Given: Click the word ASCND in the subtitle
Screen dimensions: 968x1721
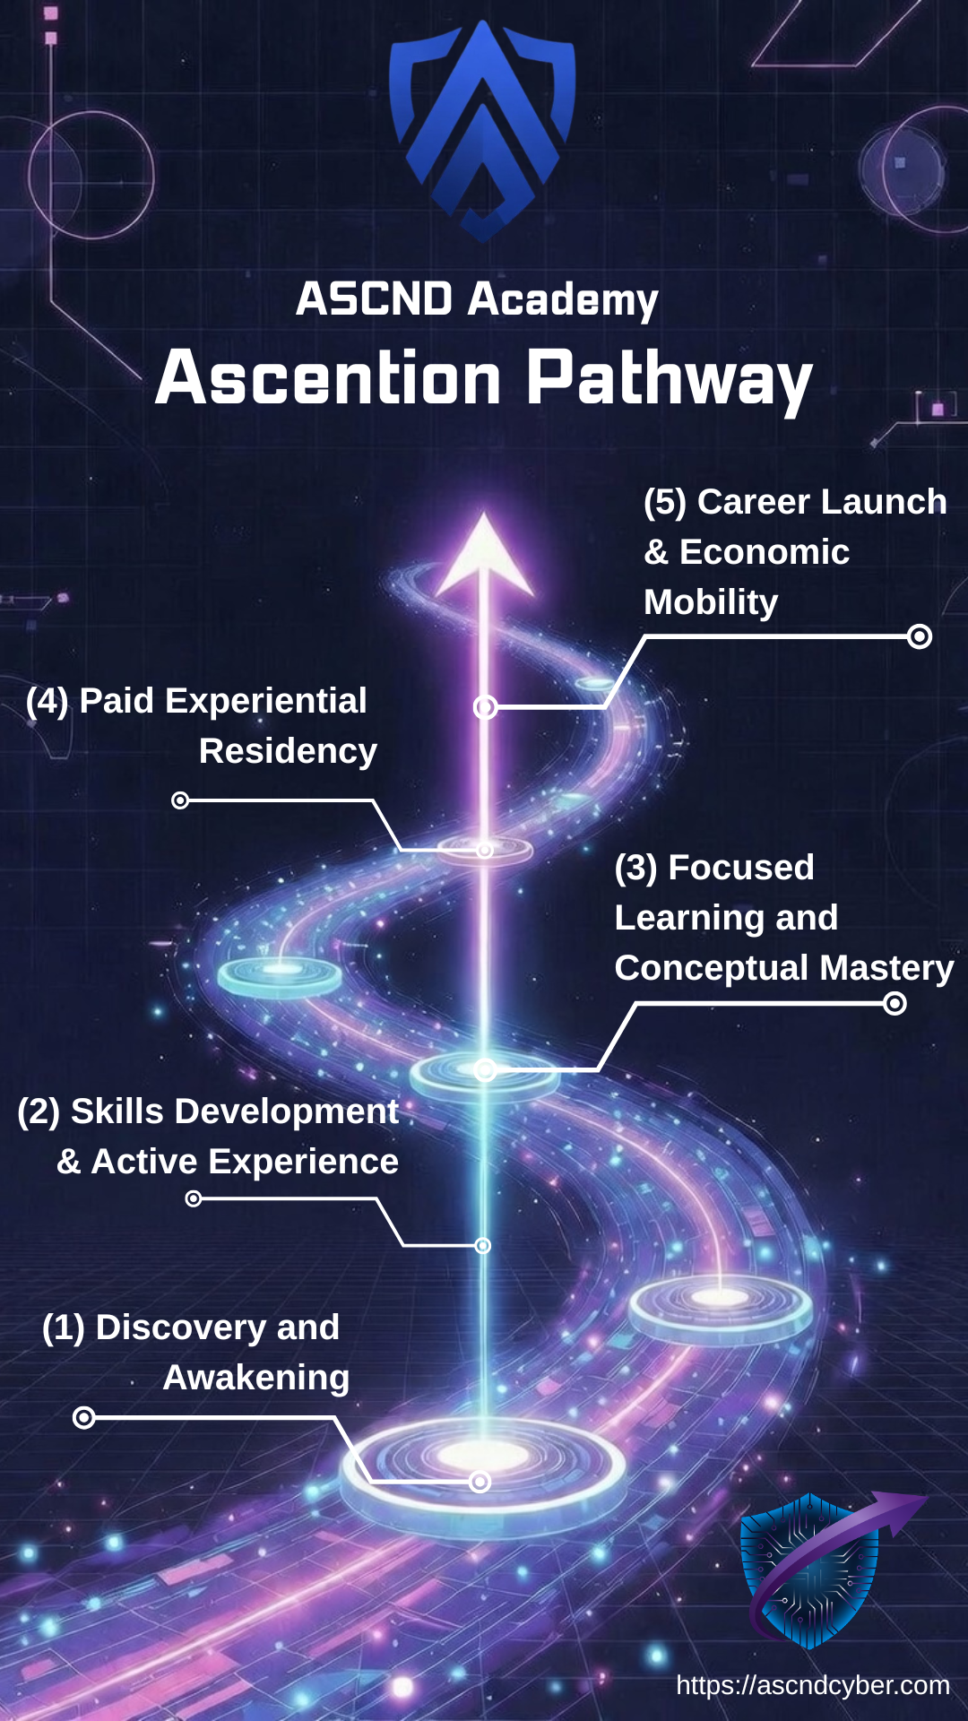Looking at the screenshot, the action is click(x=374, y=298).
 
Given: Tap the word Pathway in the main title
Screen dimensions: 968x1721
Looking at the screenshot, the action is click(x=669, y=379).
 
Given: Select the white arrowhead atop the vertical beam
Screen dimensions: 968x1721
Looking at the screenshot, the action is click(x=485, y=556).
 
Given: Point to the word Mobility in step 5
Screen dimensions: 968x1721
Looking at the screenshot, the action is click(x=711, y=602).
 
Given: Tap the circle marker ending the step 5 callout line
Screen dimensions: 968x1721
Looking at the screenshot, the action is click(x=920, y=636).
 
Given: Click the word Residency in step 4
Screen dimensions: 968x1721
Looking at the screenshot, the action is click(x=288, y=751).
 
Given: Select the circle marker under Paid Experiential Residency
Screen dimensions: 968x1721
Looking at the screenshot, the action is click(x=180, y=800).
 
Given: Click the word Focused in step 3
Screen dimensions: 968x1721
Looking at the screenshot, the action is click(x=741, y=868).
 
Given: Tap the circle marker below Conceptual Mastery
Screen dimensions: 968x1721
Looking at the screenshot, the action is click(x=895, y=1004).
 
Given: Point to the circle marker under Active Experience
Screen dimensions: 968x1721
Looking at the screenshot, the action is click(x=194, y=1198).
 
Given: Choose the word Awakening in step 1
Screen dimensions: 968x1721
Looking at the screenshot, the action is click(x=256, y=1378).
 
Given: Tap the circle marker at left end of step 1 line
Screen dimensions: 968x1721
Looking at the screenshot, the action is click(x=84, y=1417).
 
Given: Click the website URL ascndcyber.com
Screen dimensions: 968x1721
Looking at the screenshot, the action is click(x=812, y=1685).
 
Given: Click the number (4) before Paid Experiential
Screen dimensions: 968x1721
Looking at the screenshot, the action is click(x=47, y=701).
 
